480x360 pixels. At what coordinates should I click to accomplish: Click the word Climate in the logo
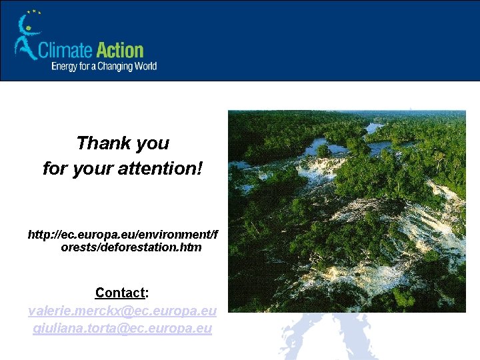click(x=65, y=51)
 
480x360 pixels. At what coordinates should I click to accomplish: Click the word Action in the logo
click(x=120, y=51)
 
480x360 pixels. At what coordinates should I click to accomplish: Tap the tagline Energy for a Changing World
click(x=104, y=66)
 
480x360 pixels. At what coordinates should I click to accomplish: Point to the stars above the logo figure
click(x=33, y=12)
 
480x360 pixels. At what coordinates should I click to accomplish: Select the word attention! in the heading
click(x=166, y=168)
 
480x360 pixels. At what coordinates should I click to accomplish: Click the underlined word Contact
click(x=119, y=293)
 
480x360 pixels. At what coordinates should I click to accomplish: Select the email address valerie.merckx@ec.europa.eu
click(x=122, y=311)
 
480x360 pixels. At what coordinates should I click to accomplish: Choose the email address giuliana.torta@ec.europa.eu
click(x=122, y=328)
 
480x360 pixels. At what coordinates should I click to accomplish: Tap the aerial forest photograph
click(x=347, y=220)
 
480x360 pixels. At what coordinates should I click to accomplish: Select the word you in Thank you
click(x=152, y=143)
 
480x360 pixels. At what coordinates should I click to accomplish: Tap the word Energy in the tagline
click(x=64, y=66)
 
